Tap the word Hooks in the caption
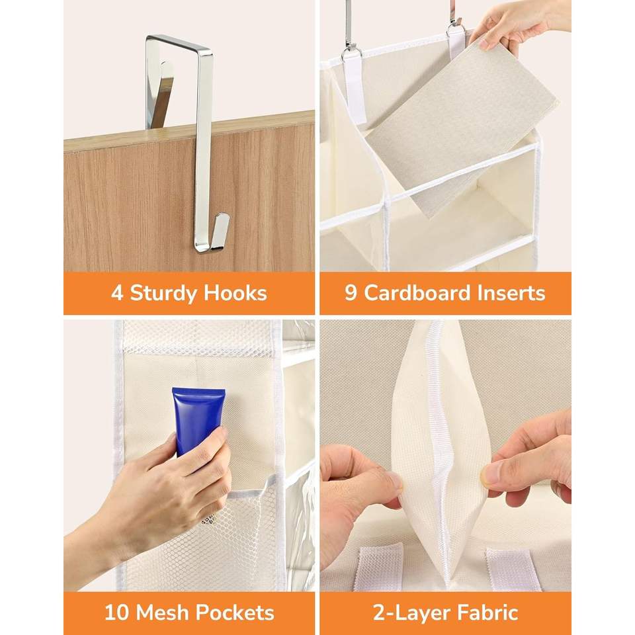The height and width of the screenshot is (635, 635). click(x=235, y=293)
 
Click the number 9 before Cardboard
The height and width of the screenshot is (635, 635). click(x=351, y=293)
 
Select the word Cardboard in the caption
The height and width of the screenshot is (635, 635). click(x=417, y=293)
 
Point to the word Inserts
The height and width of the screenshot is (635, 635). click(x=511, y=293)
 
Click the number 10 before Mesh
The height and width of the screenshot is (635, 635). click(x=117, y=613)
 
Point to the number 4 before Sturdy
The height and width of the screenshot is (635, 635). click(x=117, y=293)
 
